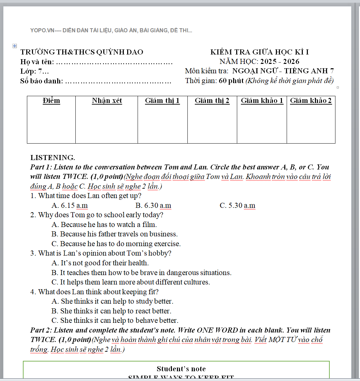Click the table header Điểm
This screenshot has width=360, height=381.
[51, 101]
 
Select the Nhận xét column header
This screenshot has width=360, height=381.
[107, 101]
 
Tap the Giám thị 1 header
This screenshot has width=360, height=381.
[163, 101]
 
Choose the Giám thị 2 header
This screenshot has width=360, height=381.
[212, 101]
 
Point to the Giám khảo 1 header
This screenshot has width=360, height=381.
[262, 101]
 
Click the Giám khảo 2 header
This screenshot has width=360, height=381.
[311, 101]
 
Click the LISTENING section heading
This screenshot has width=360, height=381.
[53, 157]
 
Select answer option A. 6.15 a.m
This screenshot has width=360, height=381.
[70, 205]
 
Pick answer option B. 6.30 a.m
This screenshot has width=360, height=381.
[153, 205]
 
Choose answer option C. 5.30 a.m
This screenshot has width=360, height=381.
[238, 205]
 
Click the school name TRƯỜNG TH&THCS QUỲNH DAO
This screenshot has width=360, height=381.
[82, 52]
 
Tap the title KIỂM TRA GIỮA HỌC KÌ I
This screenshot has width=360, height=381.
[260, 52]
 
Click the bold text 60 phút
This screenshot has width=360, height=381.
[231, 81]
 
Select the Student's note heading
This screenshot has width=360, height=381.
[181, 369]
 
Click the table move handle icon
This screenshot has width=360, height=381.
[14, 46]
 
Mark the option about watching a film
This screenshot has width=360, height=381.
[104, 224]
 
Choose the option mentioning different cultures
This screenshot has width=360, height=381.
[131, 282]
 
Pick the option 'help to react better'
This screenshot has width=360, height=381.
[111, 311]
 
